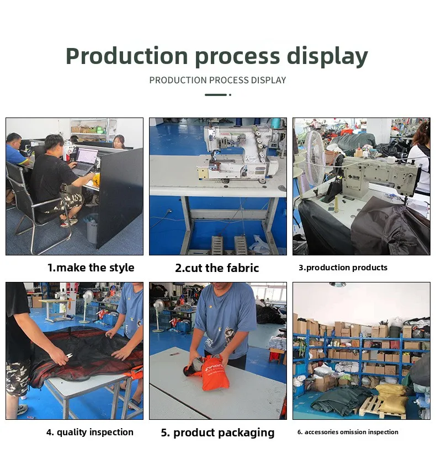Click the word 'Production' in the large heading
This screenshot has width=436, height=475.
[x=126, y=56]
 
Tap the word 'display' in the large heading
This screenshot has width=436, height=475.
[x=327, y=57]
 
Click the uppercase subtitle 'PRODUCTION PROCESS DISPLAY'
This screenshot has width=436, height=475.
[x=217, y=81]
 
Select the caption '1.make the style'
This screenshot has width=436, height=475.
[x=91, y=268]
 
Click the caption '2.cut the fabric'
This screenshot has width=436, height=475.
[x=217, y=268]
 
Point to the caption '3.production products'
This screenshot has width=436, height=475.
[x=343, y=268]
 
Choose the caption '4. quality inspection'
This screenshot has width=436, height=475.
[x=90, y=433]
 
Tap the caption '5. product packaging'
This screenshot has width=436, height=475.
[x=217, y=433]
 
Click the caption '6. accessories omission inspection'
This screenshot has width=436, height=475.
[x=348, y=433]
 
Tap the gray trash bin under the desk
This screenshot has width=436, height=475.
[x=92, y=228]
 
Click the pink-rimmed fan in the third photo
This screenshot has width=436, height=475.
[x=315, y=158]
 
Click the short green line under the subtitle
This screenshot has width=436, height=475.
[x=216, y=95]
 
